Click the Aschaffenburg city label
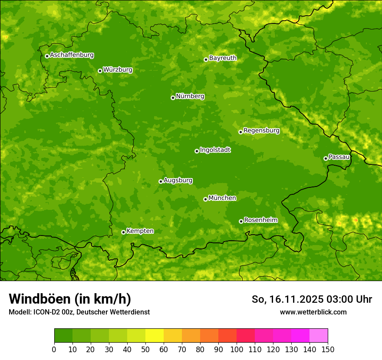[72, 55]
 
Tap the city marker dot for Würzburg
[100, 71]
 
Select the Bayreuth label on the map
[223, 58]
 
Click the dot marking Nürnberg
[173, 98]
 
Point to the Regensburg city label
[261, 131]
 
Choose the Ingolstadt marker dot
[197, 151]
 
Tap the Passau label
[339, 157]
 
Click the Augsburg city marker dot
[161, 181]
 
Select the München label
[222, 198]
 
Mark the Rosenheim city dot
[241, 221]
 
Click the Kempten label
[140, 231]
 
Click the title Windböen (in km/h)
[69, 299]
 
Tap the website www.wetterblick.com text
[313, 312]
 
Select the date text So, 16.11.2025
[287, 299]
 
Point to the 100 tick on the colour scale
[237, 349]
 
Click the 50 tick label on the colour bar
[145, 349]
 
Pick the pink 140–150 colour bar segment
[319, 336]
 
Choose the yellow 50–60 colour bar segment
[155, 336]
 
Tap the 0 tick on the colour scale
[54, 349]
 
